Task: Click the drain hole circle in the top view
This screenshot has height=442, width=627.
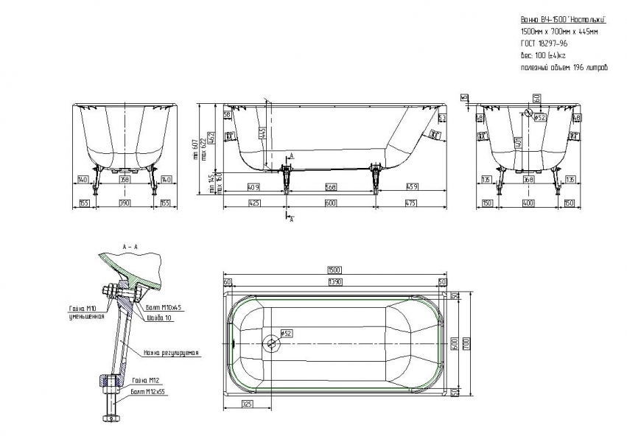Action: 271,342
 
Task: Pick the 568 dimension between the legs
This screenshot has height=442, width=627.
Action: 331,186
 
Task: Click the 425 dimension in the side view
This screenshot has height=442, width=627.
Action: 254,203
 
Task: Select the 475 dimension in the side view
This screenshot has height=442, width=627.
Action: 411,203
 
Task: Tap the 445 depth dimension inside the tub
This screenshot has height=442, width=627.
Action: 262,133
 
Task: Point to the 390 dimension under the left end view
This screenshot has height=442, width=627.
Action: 125,203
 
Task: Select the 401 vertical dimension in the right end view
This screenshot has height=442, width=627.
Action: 519,141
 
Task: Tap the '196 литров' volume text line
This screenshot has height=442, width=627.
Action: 564,67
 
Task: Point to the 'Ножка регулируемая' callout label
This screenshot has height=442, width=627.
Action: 171,353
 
